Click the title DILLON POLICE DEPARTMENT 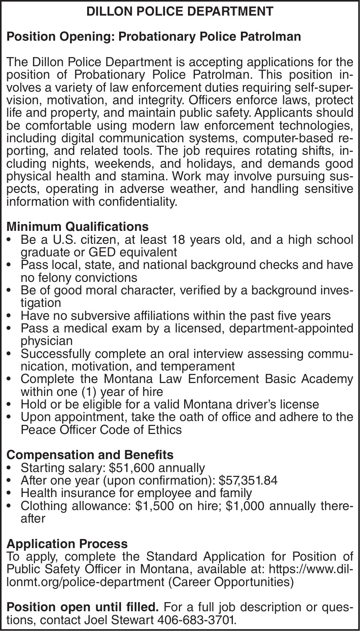(180, 11)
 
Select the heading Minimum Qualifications (78, 227)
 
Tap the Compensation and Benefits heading (90, 455)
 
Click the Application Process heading (67, 544)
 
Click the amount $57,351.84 (248, 480)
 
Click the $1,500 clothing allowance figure (151, 506)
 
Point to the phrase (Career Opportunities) (231, 582)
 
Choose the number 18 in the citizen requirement (178, 240)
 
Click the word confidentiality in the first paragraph (138, 202)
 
